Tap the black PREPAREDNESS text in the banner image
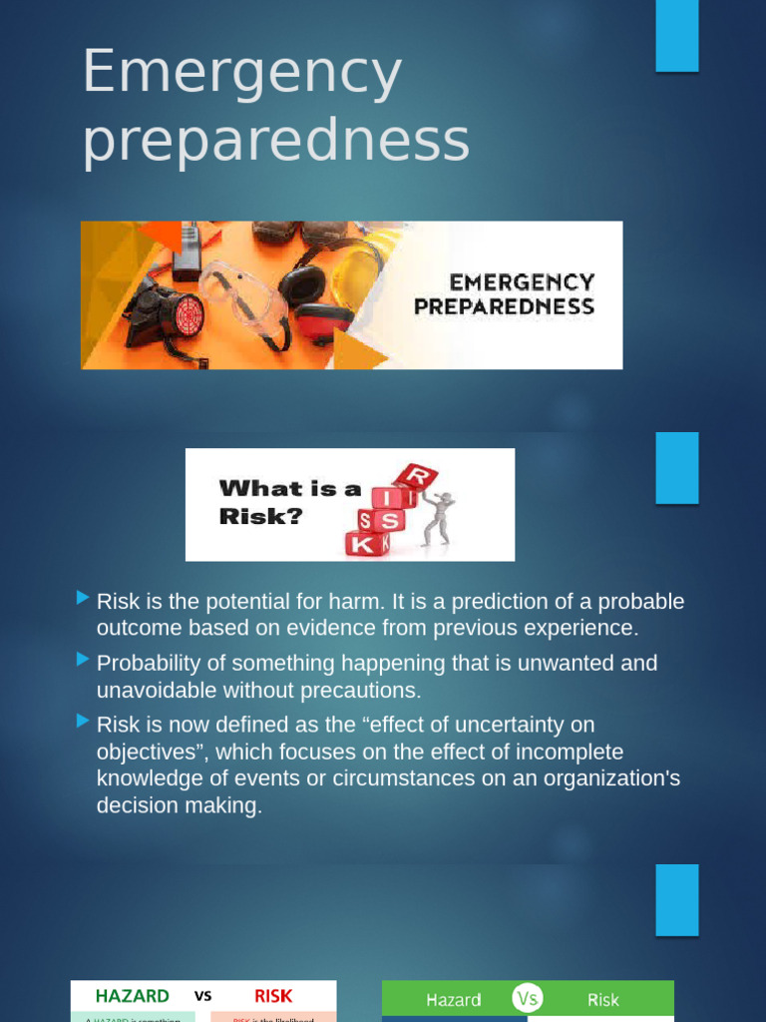pos(504,306)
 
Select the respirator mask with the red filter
pos(176,314)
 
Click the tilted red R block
pos(417,477)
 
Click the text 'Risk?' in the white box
pos(260,517)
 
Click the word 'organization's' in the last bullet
pos(608,778)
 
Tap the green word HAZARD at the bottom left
pos(132,996)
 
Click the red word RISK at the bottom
pos(273,996)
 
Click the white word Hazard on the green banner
pos(454,999)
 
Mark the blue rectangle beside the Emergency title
pos(676,36)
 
